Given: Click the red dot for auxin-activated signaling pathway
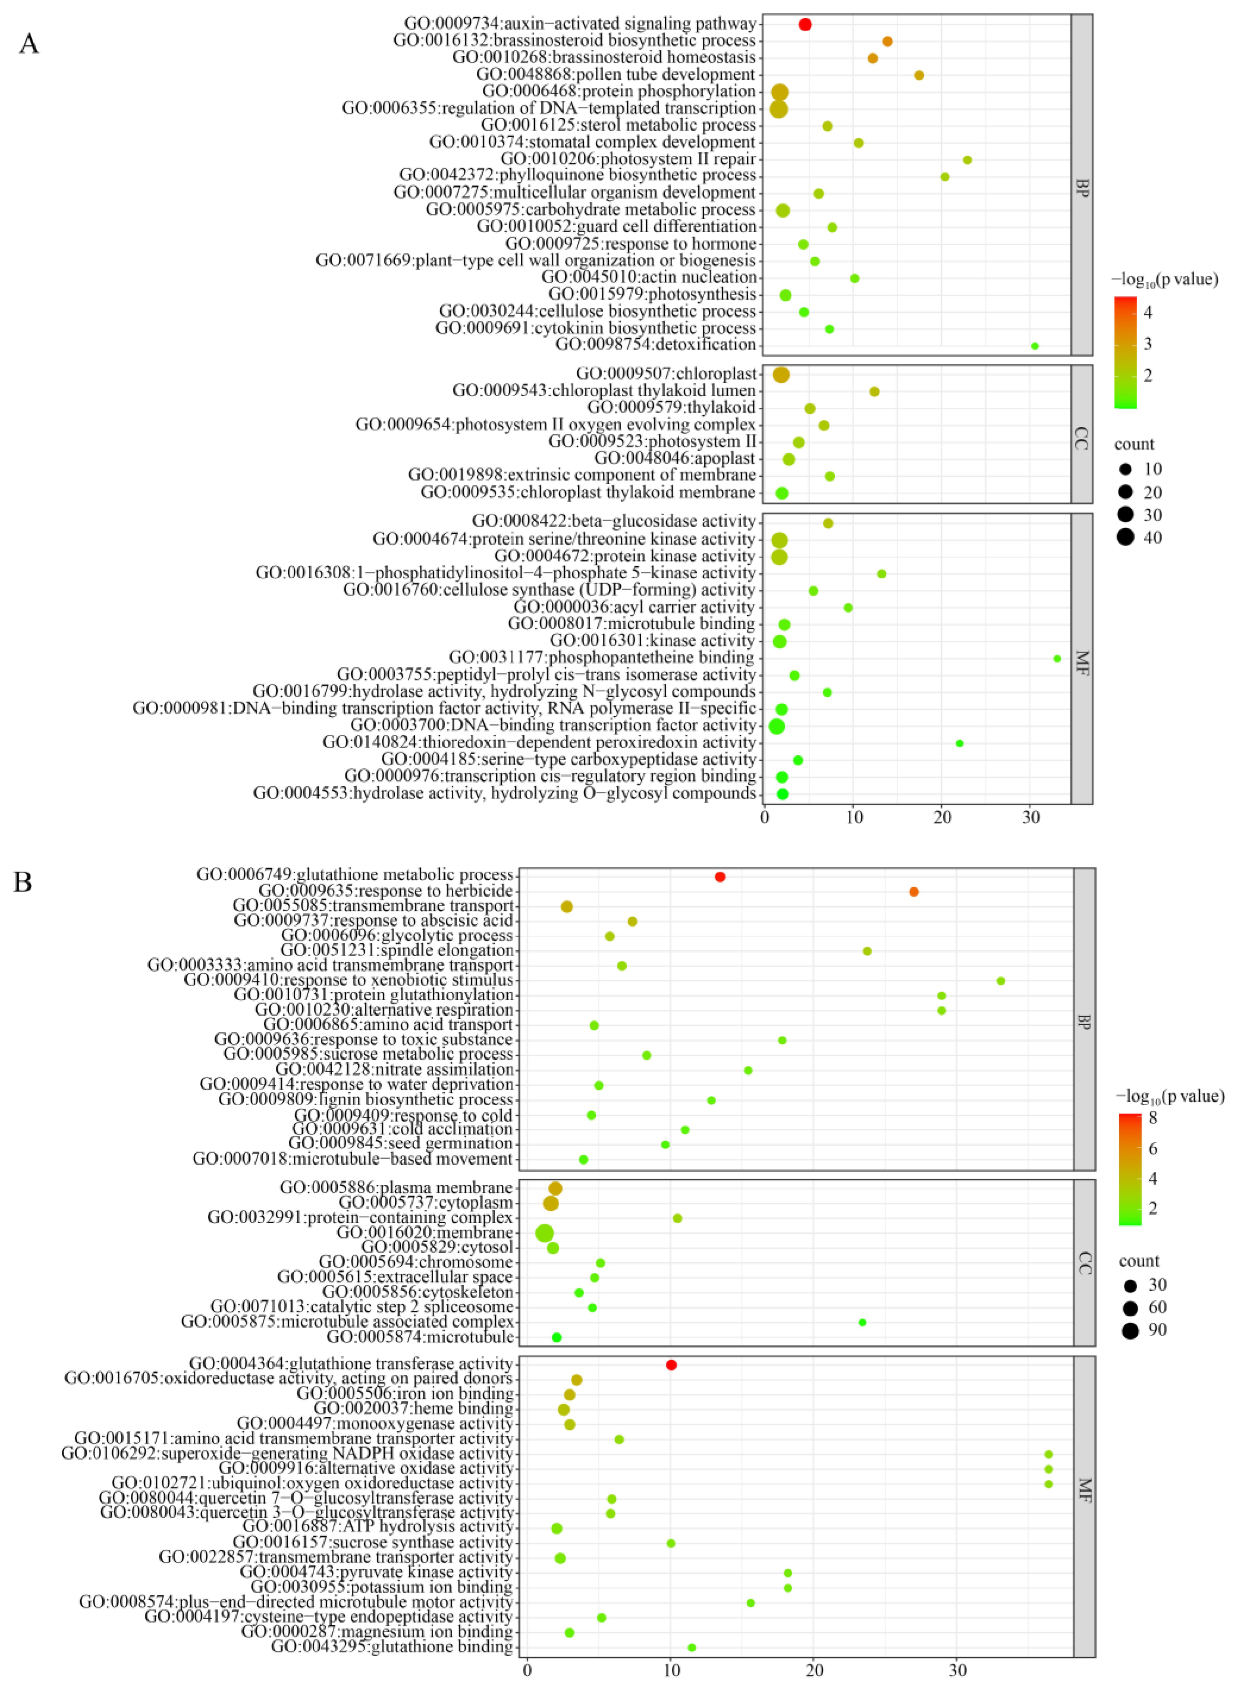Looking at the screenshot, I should coord(805,25).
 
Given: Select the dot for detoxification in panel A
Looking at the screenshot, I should coord(1035,346).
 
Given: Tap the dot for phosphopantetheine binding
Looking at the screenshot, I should coord(1057,658).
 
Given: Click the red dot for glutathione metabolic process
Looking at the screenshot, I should coord(720,877).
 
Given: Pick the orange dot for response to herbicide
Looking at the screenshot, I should coord(914,892).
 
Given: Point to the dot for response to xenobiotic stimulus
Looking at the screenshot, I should coord(1000,981).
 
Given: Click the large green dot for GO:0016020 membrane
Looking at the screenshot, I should coord(545,1232).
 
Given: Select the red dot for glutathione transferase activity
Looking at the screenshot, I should coord(671,1364).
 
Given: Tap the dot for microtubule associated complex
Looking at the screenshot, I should coord(862,1322).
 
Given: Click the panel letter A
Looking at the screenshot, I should coord(29,44).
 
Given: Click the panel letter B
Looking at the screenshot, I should coord(23,882).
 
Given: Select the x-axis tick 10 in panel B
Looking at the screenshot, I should coord(671,1670).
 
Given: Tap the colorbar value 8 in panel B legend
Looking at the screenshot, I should coord(1153,1118).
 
